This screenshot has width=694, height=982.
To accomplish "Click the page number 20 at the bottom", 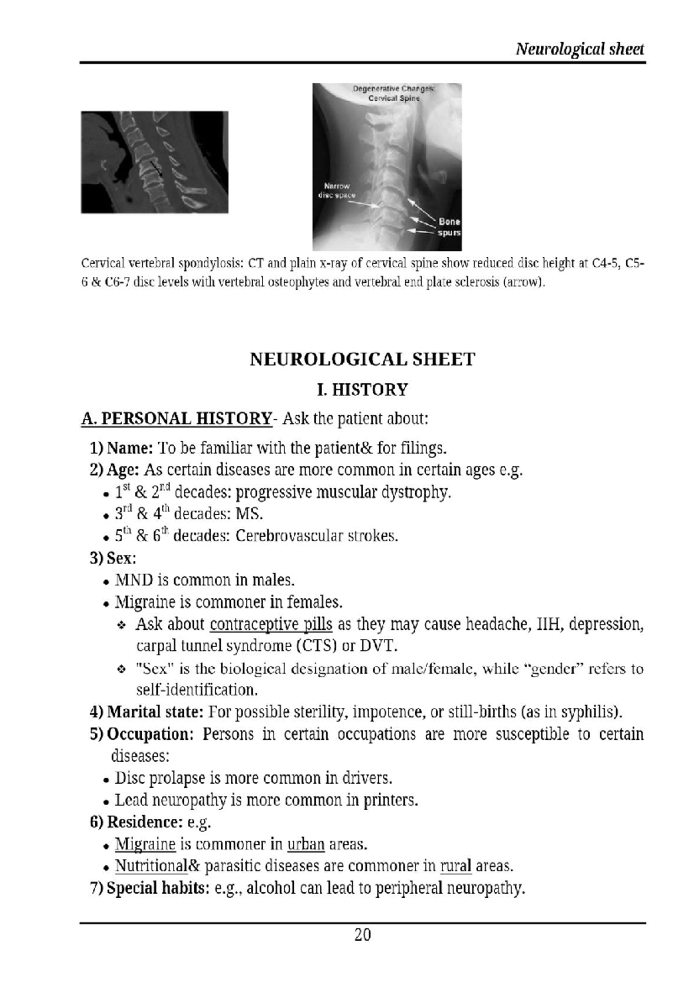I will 363,935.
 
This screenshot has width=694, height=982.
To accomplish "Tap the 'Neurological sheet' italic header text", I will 579,49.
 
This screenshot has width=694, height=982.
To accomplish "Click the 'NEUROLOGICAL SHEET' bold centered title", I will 362,359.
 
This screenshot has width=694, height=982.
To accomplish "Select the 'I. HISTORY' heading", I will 363,389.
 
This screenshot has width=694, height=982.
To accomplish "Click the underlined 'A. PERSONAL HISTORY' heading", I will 176,418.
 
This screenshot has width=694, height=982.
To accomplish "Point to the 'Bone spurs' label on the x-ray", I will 449,227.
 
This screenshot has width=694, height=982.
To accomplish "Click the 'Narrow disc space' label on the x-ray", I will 337,190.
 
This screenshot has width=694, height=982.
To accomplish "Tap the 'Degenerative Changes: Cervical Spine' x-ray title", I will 394,93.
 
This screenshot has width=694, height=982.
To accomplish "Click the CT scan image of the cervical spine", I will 154,162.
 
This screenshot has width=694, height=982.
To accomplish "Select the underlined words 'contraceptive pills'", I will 271,625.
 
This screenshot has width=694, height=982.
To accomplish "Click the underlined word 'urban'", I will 306,844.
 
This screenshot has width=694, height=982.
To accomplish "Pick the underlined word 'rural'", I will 456,866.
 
